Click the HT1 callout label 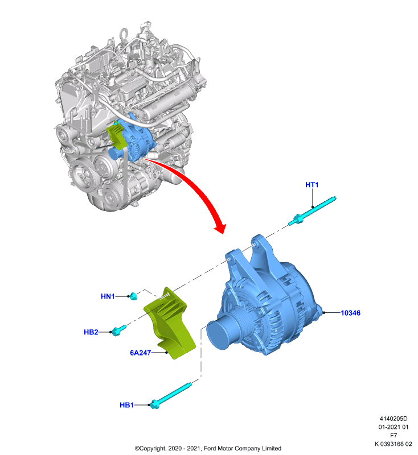click(312, 185)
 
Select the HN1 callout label click(108, 296)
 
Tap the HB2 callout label click(91, 332)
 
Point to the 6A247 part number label click(140, 353)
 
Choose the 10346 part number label click(350, 313)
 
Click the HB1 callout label click(126, 405)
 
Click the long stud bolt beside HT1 click(312, 210)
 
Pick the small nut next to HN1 click(133, 296)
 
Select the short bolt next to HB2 click(118, 330)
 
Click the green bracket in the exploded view click(170, 323)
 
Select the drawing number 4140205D click(394, 419)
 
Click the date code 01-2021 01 click(394, 427)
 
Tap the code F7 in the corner click(394, 435)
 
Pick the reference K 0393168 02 click(394, 444)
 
